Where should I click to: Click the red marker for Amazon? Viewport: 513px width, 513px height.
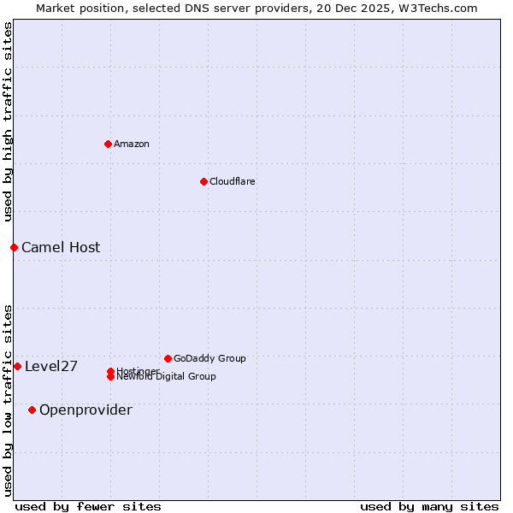click(x=108, y=144)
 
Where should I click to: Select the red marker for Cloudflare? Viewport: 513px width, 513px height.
click(x=203, y=181)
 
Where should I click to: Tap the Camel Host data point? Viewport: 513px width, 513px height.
click(x=14, y=247)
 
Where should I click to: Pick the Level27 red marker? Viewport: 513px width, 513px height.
click(x=17, y=366)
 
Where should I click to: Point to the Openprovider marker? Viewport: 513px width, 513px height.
click(x=32, y=410)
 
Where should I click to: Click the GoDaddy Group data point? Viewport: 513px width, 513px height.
click(x=168, y=358)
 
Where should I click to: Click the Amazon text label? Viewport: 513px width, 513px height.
click(x=132, y=144)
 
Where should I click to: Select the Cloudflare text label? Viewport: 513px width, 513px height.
click(x=233, y=181)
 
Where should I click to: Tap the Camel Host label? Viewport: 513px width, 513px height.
click(x=61, y=247)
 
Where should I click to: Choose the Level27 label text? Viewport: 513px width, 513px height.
click(x=51, y=366)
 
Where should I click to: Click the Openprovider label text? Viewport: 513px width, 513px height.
click(x=85, y=410)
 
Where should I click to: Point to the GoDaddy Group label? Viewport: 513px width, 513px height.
click(x=209, y=358)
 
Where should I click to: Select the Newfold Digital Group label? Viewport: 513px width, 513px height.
click(x=166, y=377)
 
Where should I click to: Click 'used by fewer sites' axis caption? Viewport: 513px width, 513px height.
click(x=88, y=506)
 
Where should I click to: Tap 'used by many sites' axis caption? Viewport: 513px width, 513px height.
click(x=429, y=506)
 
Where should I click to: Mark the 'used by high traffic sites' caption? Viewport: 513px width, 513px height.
click(x=9, y=121)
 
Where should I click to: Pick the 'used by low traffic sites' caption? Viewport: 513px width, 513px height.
click(x=9, y=399)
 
